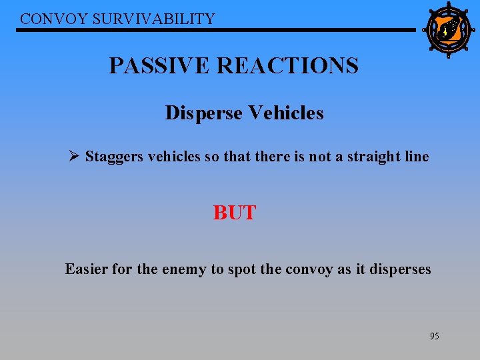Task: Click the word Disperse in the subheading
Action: (x=204, y=113)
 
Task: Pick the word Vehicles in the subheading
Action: (x=286, y=113)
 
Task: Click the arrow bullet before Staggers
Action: (x=74, y=157)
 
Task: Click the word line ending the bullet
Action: (x=417, y=157)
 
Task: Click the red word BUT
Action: (x=235, y=213)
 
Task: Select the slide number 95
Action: (x=434, y=336)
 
